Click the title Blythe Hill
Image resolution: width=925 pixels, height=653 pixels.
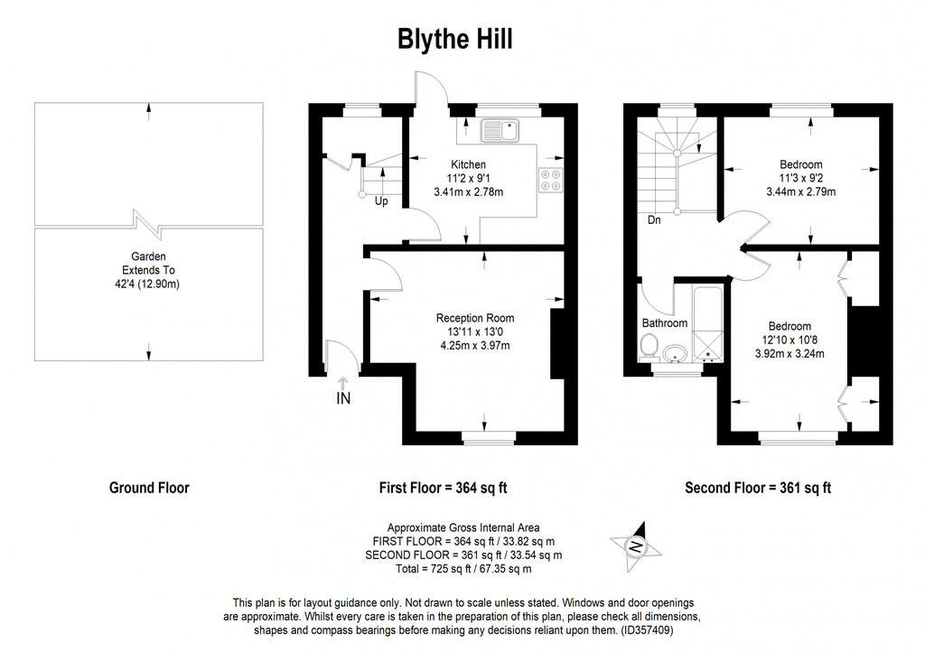tap(456, 40)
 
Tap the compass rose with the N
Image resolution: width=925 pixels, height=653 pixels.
tap(637, 545)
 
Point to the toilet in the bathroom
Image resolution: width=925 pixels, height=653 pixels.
tap(648, 345)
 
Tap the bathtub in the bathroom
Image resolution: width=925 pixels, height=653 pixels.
tap(705, 322)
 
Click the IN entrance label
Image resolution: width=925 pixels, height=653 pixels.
tap(342, 397)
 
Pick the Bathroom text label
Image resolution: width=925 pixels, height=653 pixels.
tap(665, 322)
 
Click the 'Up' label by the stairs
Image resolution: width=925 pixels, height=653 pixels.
tap(381, 201)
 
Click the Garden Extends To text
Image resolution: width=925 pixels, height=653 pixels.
tap(149, 270)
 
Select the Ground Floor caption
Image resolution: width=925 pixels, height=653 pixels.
tap(149, 488)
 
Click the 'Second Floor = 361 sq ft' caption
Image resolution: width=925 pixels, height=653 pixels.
tap(758, 488)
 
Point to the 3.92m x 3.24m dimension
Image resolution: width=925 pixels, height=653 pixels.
tap(790, 354)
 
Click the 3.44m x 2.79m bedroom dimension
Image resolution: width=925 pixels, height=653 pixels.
tap(800, 191)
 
